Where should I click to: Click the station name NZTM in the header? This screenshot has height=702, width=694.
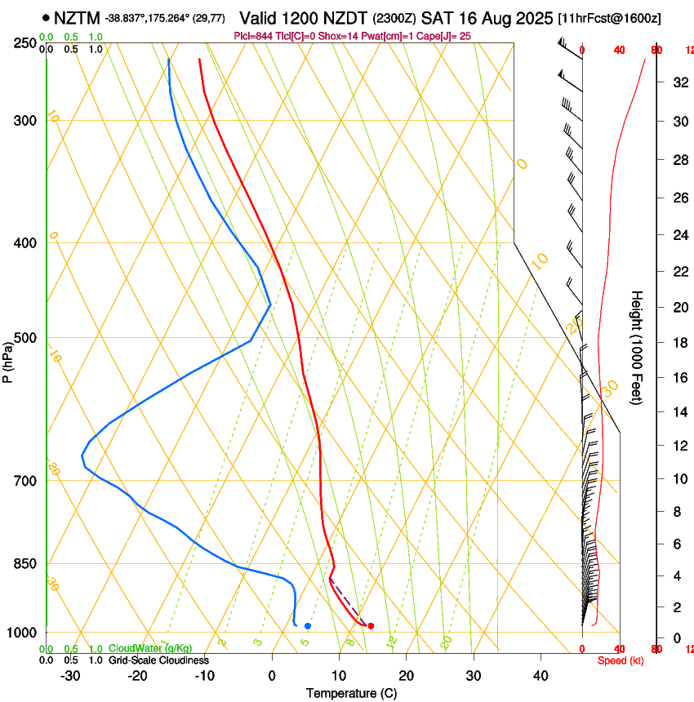78,18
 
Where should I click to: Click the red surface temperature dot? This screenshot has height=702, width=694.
371,626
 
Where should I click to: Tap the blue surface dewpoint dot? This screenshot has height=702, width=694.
308,626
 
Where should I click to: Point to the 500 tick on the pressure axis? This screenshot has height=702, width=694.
25,338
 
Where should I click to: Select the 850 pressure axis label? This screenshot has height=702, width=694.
25,564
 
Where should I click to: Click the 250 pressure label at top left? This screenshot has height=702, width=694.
25,42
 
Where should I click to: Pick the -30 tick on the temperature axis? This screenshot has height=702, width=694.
70,676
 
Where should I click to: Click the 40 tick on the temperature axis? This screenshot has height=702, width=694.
540,676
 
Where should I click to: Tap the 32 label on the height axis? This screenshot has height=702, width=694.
679,82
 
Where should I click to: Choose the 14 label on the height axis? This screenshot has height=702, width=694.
679,412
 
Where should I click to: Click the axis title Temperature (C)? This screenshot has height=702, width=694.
351,693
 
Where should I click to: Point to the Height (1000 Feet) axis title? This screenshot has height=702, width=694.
637,347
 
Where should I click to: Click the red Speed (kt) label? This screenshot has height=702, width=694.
616,660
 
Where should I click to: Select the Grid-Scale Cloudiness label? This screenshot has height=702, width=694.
158,660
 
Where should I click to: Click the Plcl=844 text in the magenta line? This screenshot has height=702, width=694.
253,36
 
